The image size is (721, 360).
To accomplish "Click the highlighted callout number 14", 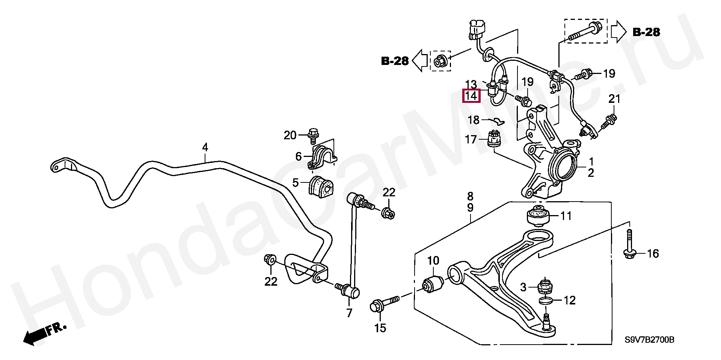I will pyautogui.click(x=471, y=96).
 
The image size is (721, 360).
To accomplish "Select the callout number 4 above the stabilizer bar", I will pyautogui.click(x=205, y=147).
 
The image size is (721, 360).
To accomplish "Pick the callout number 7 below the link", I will pyautogui.click(x=350, y=313).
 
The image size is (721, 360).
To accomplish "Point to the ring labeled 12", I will pyautogui.click(x=545, y=300).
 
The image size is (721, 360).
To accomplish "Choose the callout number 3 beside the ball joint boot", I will pyautogui.click(x=523, y=288).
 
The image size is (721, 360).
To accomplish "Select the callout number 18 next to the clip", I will pyautogui.click(x=474, y=120).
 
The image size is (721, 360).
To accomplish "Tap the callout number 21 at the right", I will pyautogui.click(x=614, y=99).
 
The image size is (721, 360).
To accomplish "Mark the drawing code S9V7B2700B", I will pyautogui.click(x=649, y=340).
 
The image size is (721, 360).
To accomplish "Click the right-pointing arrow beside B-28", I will pyautogui.click(x=618, y=32).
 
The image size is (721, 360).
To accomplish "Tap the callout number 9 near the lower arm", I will pyautogui.click(x=470, y=208).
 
